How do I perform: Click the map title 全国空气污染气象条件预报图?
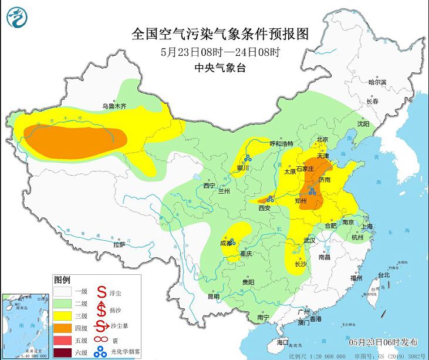click(x=221, y=33)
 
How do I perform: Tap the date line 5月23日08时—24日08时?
click(x=220, y=51)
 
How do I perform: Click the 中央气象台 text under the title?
click(x=220, y=68)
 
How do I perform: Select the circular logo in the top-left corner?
click(x=17, y=18)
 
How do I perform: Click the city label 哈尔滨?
click(x=377, y=82)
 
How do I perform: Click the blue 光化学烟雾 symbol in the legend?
click(x=100, y=351)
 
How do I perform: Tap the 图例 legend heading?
click(x=62, y=278)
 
